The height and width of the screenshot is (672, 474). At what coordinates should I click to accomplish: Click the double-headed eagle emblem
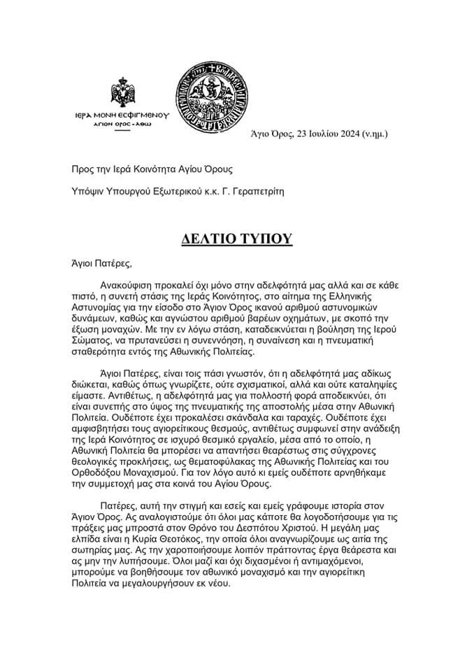[127, 94]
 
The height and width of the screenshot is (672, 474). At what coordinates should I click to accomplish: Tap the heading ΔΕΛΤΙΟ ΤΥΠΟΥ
[236, 238]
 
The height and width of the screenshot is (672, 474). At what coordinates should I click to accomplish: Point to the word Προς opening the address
[83, 168]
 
